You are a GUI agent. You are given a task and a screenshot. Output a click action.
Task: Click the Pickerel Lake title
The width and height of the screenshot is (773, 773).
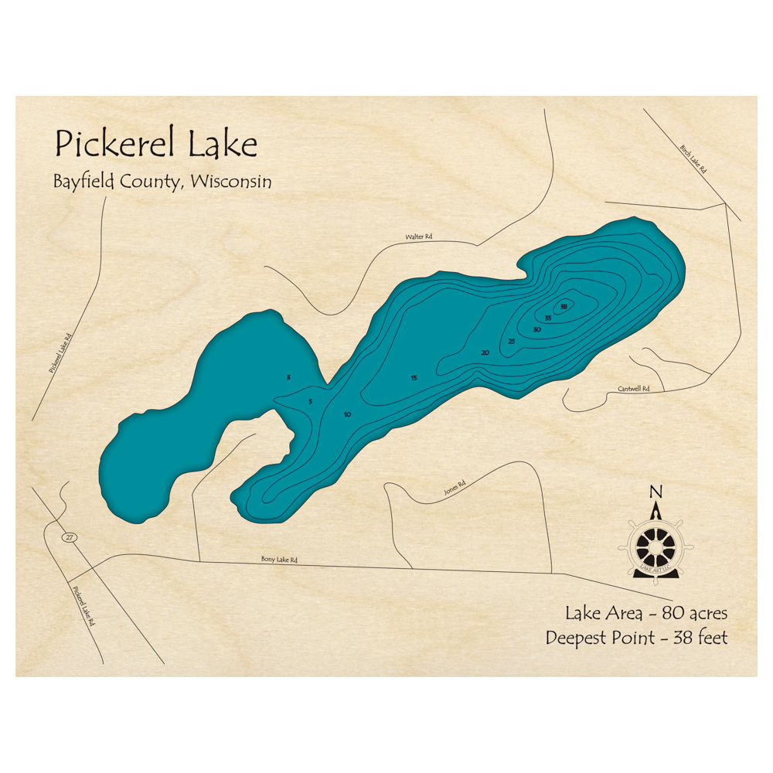click(155, 144)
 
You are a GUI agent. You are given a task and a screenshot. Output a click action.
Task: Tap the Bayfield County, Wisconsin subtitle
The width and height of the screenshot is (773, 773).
click(162, 182)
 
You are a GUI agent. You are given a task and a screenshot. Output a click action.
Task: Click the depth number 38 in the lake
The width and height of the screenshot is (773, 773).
click(564, 307)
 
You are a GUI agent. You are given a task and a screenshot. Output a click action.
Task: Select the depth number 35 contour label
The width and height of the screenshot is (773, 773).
click(547, 318)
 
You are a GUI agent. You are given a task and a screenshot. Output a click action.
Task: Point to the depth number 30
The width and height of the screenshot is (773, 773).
click(536, 330)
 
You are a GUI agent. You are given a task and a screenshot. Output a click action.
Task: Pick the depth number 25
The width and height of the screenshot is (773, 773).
click(511, 341)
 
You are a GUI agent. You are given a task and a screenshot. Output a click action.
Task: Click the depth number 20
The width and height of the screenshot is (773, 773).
click(485, 352)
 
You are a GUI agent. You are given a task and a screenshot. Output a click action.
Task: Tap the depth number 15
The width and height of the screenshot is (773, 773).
click(414, 378)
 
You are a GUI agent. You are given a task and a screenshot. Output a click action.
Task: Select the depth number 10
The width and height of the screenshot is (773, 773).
click(347, 415)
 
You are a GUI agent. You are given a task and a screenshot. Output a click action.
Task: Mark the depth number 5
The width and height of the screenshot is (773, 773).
click(310, 402)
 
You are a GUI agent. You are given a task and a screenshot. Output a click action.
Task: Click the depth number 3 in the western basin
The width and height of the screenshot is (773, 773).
click(288, 377)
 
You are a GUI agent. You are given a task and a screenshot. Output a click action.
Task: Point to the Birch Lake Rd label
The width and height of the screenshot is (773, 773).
click(693, 158)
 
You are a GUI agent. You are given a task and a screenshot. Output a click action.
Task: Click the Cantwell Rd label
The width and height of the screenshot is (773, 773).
click(633, 389)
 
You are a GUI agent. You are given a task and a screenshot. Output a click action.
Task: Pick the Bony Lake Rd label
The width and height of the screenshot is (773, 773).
click(279, 559)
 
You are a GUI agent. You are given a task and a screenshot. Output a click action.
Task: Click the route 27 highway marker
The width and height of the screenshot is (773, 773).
click(70, 537)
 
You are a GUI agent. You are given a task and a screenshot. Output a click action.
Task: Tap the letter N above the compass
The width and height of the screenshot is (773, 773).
click(656, 492)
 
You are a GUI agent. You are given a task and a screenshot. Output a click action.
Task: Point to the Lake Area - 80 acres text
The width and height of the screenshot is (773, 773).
click(645, 614)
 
